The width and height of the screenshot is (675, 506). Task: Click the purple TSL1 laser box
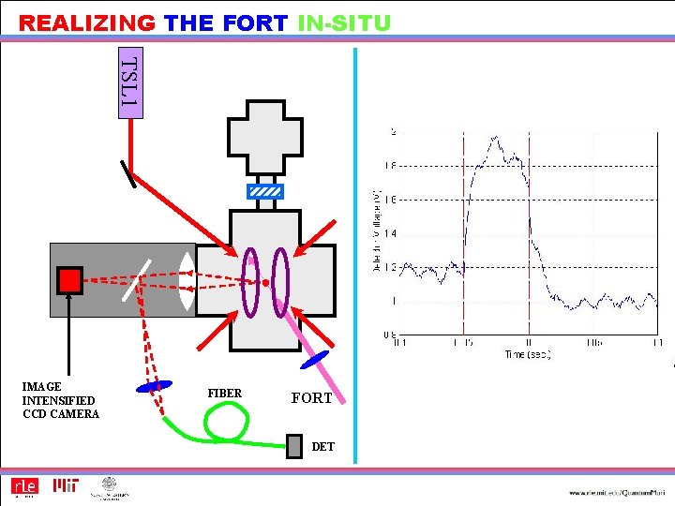[x=131, y=82]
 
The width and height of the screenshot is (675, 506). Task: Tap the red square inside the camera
[x=69, y=280]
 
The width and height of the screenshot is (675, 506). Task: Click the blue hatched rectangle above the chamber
[x=265, y=192]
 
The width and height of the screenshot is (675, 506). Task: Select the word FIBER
[x=225, y=394]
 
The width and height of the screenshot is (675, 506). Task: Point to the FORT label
[x=311, y=398]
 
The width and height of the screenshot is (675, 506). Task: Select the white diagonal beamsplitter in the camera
[x=140, y=280]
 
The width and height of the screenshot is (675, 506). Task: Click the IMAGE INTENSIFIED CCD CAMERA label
[x=60, y=400]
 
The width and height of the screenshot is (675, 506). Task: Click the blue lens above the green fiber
[x=155, y=385]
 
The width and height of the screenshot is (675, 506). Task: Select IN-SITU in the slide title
[x=343, y=22]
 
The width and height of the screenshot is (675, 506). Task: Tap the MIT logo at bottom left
[x=66, y=485]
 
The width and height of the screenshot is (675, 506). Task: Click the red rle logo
[x=23, y=486]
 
